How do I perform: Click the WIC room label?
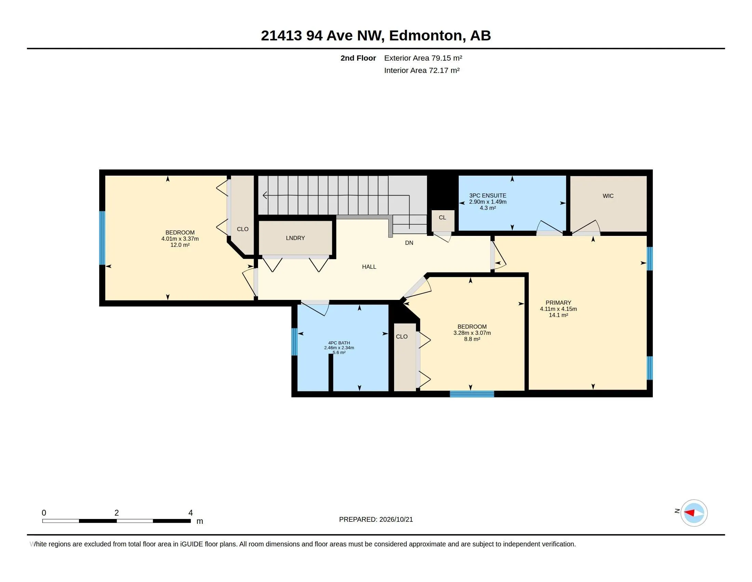click(x=608, y=196)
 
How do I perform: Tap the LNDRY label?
click(x=295, y=238)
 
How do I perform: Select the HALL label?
click(x=369, y=266)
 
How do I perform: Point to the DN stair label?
click(x=409, y=243)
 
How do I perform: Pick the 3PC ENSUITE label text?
click(x=487, y=195)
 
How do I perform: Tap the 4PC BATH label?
click(x=339, y=343)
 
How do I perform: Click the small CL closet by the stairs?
click(x=442, y=217)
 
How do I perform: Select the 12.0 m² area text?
click(x=180, y=245)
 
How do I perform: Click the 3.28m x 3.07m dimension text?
click(x=472, y=333)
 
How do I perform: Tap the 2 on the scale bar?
click(x=117, y=513)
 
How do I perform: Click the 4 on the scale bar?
click(x=190, y=513)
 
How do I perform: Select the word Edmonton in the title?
click(x=426, y=36)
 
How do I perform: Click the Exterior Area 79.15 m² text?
click(x=423, y=58)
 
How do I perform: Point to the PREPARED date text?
click(x=376, y=519)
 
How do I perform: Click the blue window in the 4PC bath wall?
click(x=294, y=342)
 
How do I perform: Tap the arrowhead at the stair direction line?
click(x=265, y=195)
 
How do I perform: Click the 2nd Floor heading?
click(x=358, y=58)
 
